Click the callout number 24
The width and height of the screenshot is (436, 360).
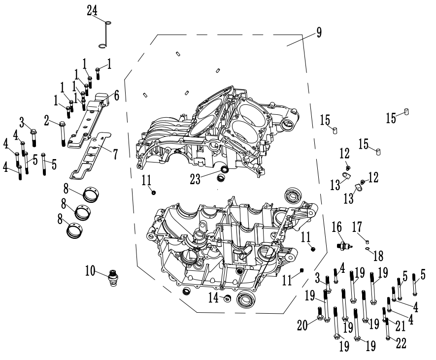click(x=92, y=10)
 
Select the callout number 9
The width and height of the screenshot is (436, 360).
click(x=319, y=32)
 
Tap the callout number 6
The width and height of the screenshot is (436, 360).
click(x=116, y=96)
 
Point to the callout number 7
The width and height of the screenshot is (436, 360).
click(x=115, y=155)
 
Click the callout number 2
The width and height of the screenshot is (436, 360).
click(x=47, y=121)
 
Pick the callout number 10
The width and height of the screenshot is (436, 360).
click(x=90, y=271)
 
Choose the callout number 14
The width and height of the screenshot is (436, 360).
click(x=213, y=298)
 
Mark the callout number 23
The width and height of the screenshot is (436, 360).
click(x=195, y=179)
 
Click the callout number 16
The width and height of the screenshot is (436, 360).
click(x=337, y=227)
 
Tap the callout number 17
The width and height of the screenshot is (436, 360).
click(x=357, y=227)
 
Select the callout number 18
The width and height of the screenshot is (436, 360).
click(x=378, y=256)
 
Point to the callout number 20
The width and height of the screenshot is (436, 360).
click(x=302, y=326)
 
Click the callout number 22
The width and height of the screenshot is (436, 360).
click(x=401, y=343)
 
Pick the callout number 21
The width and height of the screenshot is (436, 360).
click(x=401, y=326)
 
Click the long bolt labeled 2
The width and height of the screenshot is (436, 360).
click(x=63, y=134)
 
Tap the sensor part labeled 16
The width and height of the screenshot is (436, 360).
click(x=345, y=245)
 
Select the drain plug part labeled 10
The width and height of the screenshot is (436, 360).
click(x=113, y=277)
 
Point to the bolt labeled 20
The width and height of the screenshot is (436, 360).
click(x=320, y=313)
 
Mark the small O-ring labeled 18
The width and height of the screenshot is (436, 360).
click(x=368, y=248)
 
